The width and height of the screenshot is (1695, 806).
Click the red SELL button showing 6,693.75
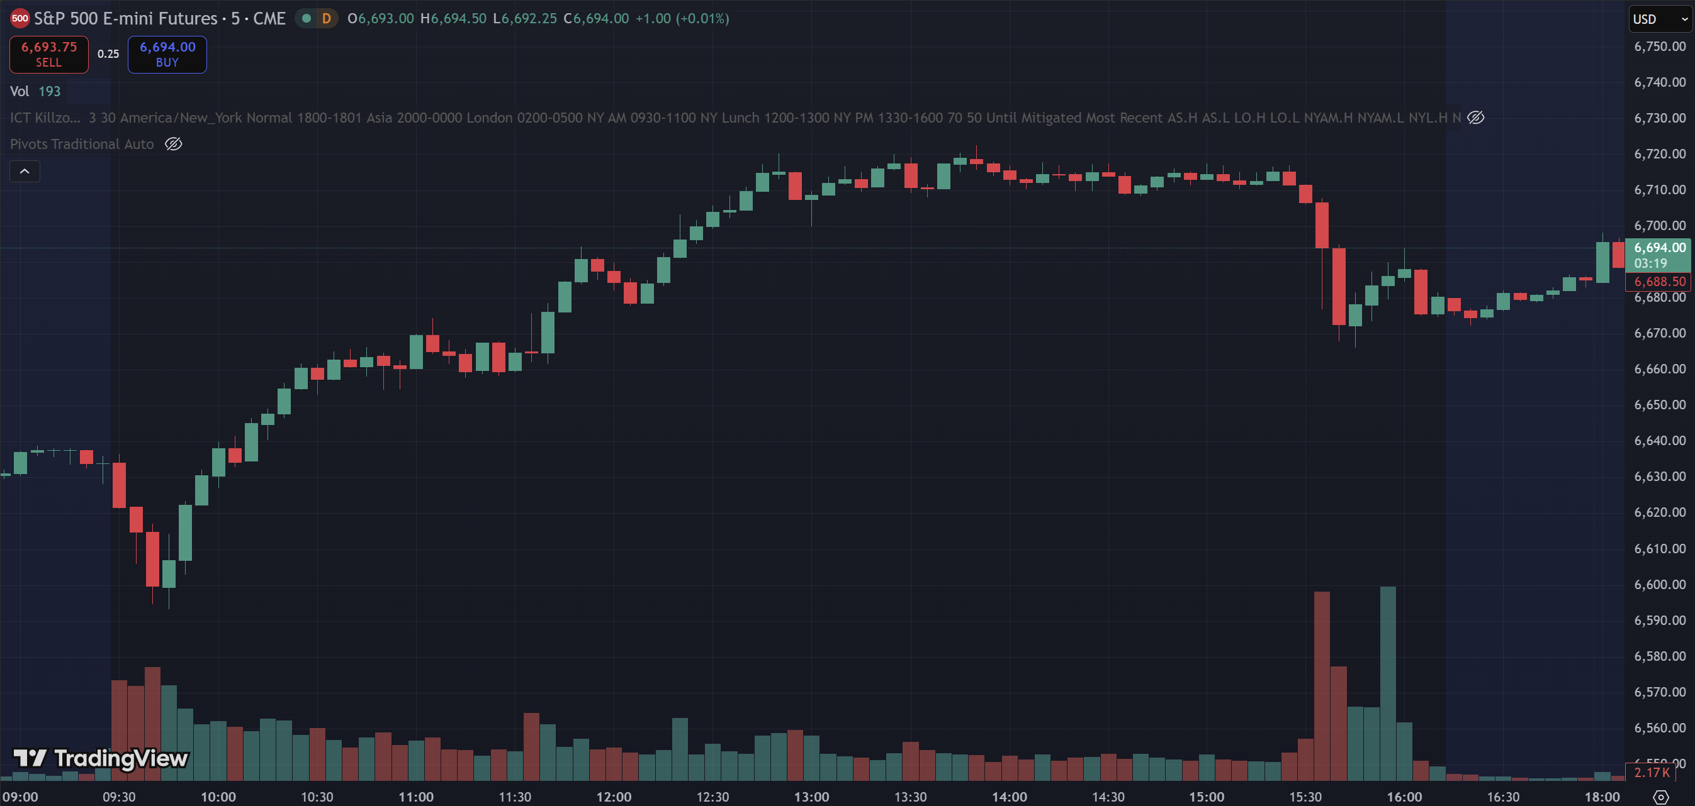[x=48, y=55]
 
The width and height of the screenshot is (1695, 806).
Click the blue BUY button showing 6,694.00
[x=167, y=55]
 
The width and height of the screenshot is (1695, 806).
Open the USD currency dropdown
[x=1659, y=19]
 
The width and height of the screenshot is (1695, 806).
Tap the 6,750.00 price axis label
[x=1660, y=47]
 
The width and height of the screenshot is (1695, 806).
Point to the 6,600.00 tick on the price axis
[x=1660, y=585]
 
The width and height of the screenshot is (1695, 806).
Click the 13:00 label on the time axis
[x=811, y=797]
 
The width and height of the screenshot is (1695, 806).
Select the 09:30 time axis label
[x=119, y=797]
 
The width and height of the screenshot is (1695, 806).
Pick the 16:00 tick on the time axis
[x=1404, y=797]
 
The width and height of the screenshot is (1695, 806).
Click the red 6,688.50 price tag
[x=1659, y=282]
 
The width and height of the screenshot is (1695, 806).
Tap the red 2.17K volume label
[x=1651, y=773]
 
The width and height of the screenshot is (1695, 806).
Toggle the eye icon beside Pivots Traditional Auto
[x=174, y=144]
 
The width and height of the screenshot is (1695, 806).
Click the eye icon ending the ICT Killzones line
[x=1476, y=118]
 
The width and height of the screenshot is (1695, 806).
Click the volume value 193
[x=49, y=91]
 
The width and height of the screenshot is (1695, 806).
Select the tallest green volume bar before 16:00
[x=1388, y=684]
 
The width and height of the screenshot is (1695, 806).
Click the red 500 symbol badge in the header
[x=20, y=18]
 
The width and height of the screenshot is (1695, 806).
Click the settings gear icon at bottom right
[x=1662, y=797]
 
